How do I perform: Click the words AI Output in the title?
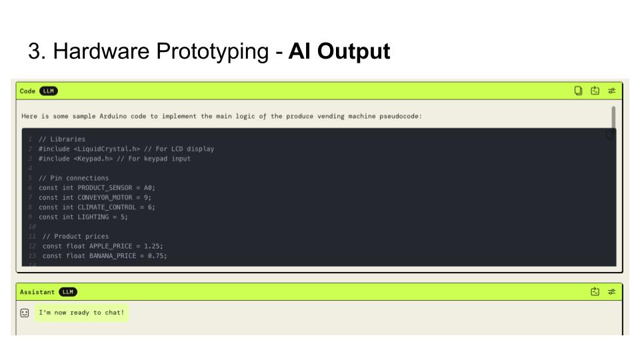[x=339, y=52]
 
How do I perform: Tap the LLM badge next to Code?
[x=49, y=91]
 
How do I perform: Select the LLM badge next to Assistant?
[x=68, y=292]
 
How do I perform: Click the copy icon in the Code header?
[x=579, y=91]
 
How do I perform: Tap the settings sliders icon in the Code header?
[x=611, y=91]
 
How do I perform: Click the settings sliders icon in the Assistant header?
[x=611, y=292]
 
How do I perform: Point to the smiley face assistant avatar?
[x=25, y=313]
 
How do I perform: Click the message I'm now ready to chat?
[x=81, y=313]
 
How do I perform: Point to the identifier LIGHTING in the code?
[x=93, y=217]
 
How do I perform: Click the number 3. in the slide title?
[x=36, y=52]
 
